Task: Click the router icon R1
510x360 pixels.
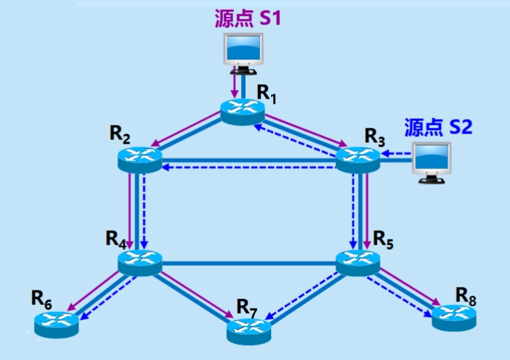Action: pyautogui.click(x=242, y=110)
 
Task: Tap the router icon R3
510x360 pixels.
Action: pyautogui.click(x=357, y=157)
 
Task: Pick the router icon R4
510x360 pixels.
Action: pyautogui.click(x=139, y=261)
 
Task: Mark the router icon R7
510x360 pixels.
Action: pyautogui.click(x=248, y=330)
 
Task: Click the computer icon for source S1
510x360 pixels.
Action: pyautogui.click(x=242, y=52)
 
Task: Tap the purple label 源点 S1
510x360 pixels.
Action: pyautogui.click(x=247, y=18)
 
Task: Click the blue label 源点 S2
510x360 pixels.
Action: pyautogui.click(x=438, y=127)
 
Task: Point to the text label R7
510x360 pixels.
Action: pyautogui.click(x=247, y=306)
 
